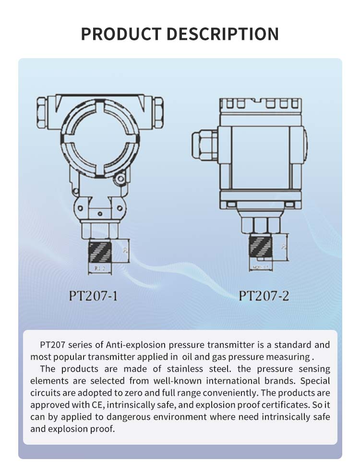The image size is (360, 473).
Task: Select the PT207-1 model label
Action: [x=93, y=295]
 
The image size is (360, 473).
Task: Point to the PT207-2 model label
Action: [x=264, y=295]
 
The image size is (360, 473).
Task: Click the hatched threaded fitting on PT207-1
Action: [x=100, y=252]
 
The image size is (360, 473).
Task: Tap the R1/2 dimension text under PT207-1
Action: [x=100, y=269]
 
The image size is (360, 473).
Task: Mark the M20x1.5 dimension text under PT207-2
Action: [x=261, y=266]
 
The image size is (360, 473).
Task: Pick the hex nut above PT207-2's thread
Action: [x=261, y=224]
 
